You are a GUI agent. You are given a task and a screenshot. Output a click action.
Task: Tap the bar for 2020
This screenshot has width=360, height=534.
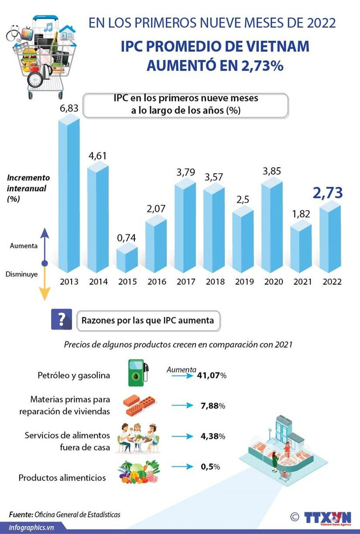coord(273,226)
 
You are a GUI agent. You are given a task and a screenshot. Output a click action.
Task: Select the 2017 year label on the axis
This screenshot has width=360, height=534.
coord(186,281)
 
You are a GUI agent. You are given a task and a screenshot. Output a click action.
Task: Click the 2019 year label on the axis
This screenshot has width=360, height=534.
coord(244,281)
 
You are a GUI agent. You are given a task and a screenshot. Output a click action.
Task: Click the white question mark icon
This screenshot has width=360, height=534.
coord(62,320)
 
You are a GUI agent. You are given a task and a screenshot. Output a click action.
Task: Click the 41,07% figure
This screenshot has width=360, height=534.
coord(212,376)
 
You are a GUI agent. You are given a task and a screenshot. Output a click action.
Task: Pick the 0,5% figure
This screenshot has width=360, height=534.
coord(211,467)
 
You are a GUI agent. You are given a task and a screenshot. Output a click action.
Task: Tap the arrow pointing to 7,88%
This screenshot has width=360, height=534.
coord(182,405)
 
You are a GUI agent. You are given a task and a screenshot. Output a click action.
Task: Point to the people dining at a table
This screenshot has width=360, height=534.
coord(139,437)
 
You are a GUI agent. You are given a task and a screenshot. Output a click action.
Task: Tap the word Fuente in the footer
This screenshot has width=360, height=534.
coord(21,514)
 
